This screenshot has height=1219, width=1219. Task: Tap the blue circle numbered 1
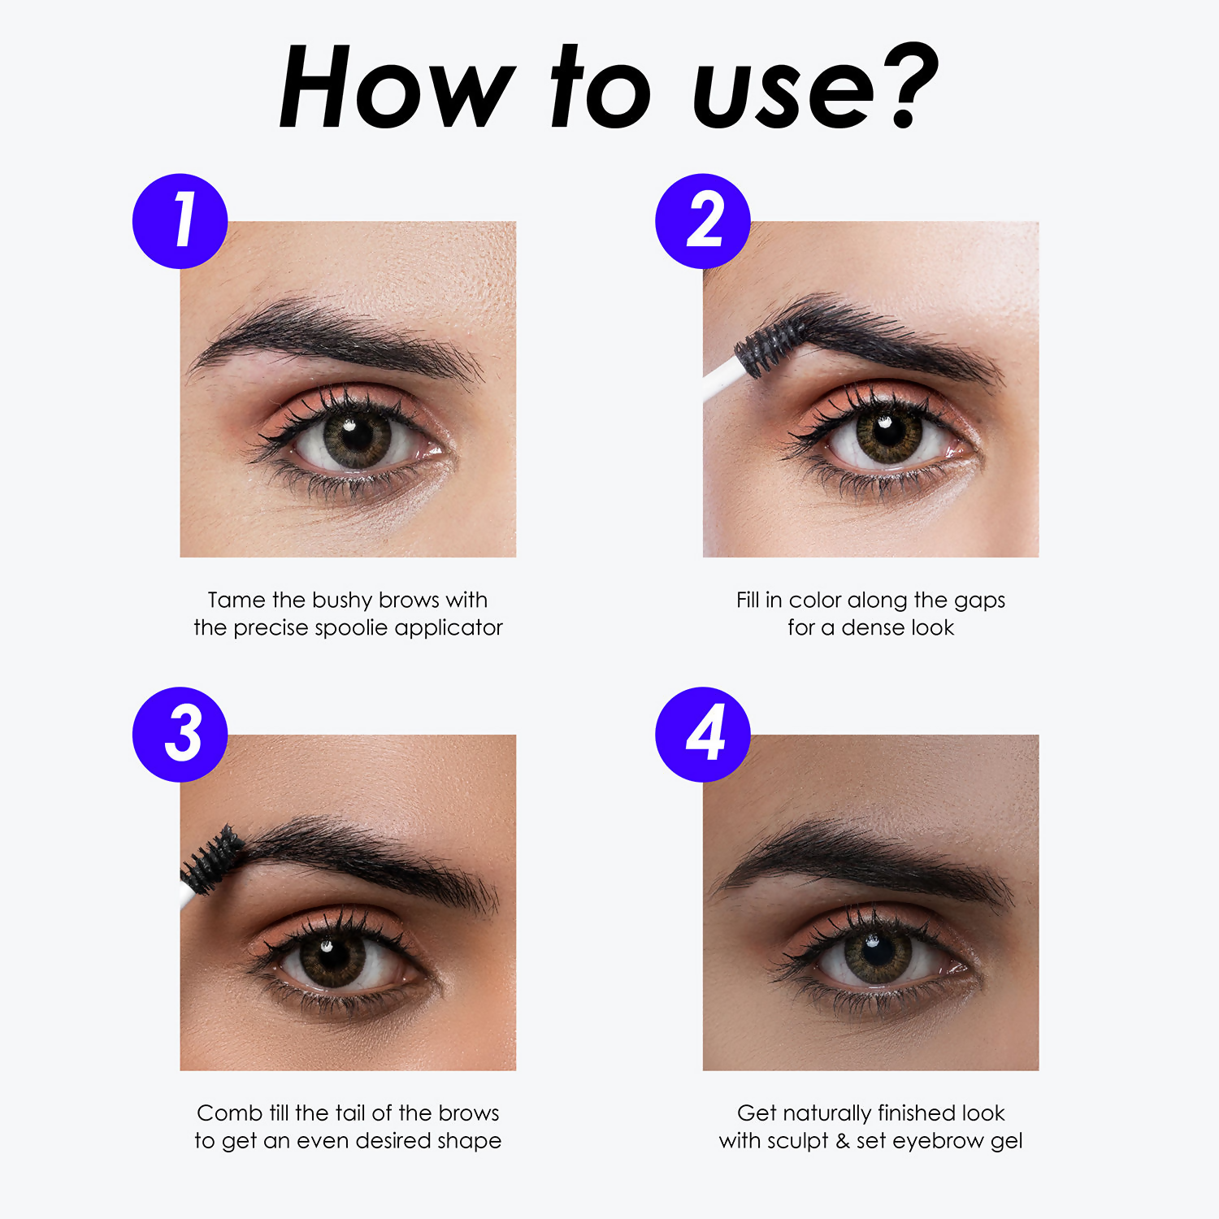tap(180, 221)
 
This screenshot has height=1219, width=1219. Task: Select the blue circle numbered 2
tap(703, 221)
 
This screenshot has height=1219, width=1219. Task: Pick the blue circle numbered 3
tap(180, 735)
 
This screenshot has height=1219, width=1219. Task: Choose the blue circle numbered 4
tap(703, 735)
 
